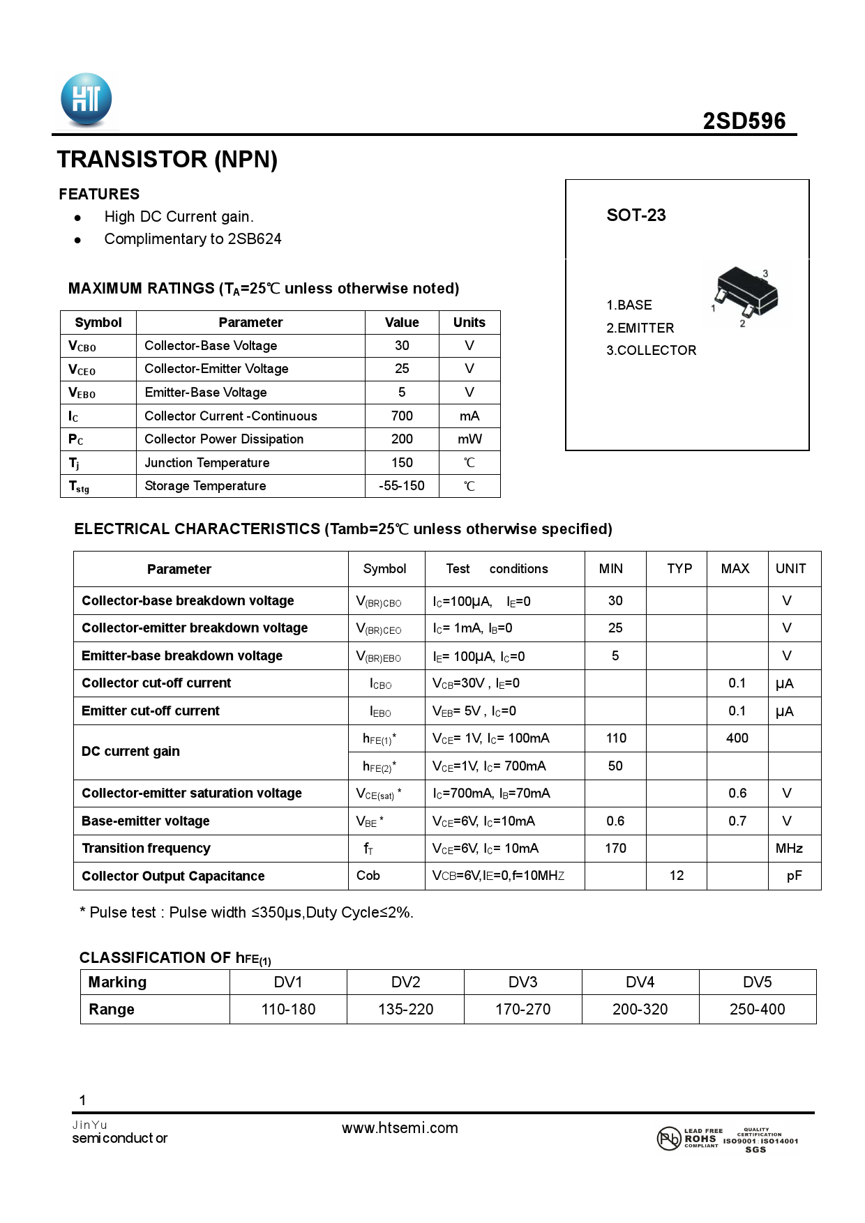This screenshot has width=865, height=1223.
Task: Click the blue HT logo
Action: [x=86, y=100]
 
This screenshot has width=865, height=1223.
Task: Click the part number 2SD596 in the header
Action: [x=744, y=121]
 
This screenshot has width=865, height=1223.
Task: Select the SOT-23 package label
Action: [x=635, y=215]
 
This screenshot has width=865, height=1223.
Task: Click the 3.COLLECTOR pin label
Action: [x=651, y=350]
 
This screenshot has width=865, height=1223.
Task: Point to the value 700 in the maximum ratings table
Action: [x=402, y=416]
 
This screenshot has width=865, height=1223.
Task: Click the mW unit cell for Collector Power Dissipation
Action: [x=469, y=439]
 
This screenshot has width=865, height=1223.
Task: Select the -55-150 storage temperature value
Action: [x=402, y=486]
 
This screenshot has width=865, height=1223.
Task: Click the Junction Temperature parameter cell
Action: [x=207, y=463]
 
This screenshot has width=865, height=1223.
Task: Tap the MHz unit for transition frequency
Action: [x=789, y=849]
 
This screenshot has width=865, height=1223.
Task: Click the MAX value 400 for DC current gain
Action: [x=737, y=738]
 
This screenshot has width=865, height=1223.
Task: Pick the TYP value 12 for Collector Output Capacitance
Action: [x=676, y=876]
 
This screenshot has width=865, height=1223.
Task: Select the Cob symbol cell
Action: [x=368, y=876]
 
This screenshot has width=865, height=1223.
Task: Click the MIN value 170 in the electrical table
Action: [x=615, y=849]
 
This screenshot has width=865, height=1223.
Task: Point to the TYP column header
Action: [x=679, y=569]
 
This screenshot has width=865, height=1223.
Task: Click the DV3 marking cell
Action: [x=522, y=982]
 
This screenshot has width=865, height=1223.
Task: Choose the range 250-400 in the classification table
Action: [x=757, y=1010]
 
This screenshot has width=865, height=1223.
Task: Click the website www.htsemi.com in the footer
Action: [x=400, y=1128]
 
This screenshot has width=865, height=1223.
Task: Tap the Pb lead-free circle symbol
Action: [x=668, y=1139]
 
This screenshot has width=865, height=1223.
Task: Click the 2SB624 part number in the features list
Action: [x=255, y=239]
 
